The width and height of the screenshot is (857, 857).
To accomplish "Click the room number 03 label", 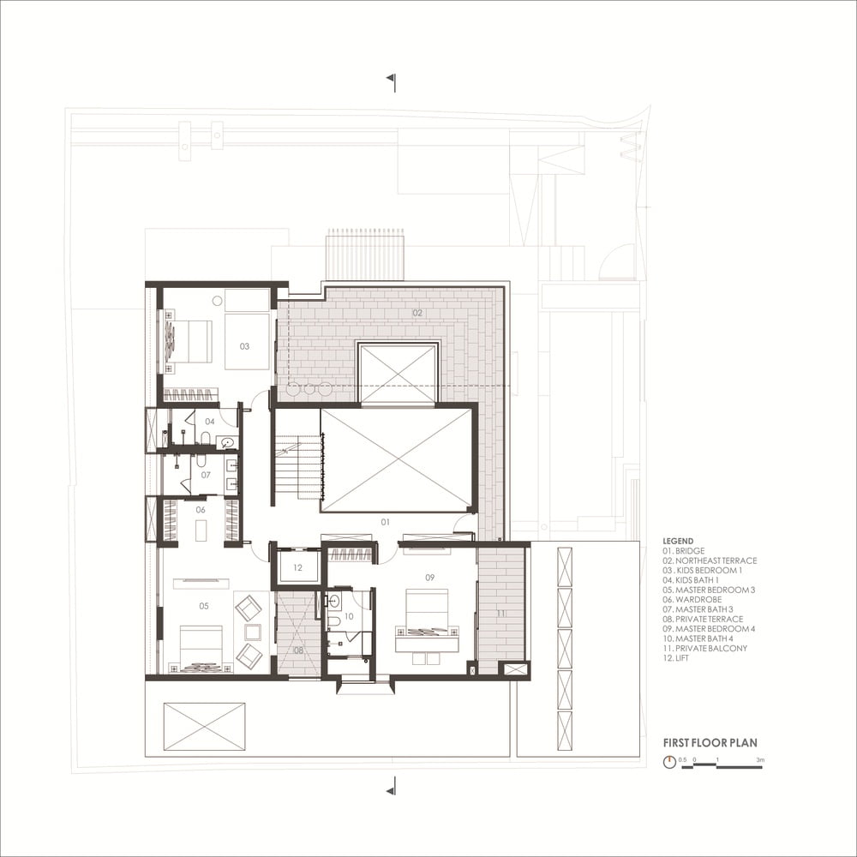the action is click(244, 346).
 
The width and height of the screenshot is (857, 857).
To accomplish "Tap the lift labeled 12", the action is click(298, 567).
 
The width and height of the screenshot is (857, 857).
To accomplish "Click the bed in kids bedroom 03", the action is click(189, 341).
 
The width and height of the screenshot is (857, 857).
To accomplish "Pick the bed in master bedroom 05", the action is click(201, 649).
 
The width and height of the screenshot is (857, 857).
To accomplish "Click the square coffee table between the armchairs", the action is click(253, 632).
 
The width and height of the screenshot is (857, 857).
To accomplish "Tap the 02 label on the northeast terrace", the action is click(417, 313).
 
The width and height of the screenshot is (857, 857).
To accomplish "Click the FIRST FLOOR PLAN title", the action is click(710, 743).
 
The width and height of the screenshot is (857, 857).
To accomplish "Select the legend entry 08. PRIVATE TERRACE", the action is click(703, 620).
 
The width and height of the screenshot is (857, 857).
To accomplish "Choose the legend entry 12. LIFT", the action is click(675, 658).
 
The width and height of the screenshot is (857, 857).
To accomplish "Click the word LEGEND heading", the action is click(678, 541).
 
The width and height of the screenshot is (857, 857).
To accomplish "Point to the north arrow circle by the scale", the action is click(669, 762).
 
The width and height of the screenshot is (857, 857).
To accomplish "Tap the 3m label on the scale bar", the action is click(760, 759).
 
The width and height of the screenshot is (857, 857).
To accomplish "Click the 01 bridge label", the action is click(386, 522).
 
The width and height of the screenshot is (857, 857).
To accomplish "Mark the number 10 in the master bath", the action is click(349, 616).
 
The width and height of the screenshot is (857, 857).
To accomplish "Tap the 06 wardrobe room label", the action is click(201, 509).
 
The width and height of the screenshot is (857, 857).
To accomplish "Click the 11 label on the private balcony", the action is click(501, 614).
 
